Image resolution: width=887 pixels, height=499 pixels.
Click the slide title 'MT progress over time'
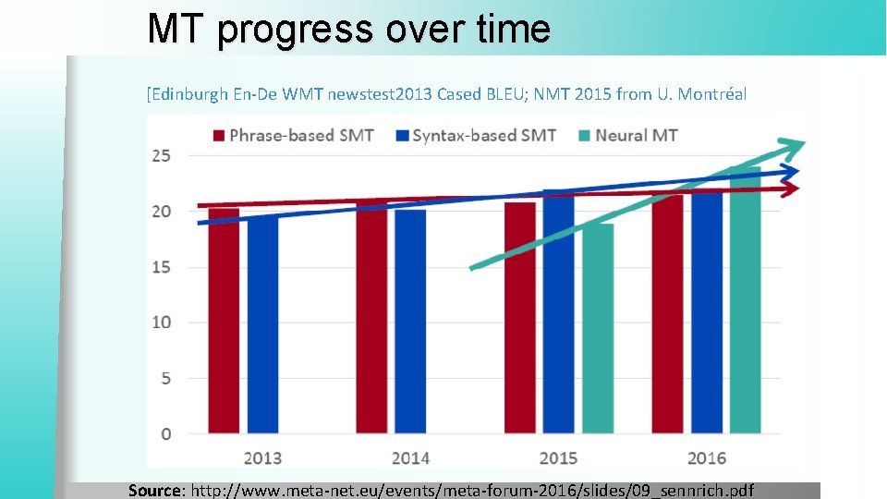pyautogui.click(x=348, y=29)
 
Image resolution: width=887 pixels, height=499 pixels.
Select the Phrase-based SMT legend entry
pyautogui.click(x=293, y=136)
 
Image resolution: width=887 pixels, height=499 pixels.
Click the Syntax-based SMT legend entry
pyautogui.click(x=475, y=136)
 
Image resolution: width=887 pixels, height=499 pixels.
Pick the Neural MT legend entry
pyautogui.click(x=627, y=136)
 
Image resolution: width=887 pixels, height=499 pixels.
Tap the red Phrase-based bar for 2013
pyautogui.click(x=224, y=323)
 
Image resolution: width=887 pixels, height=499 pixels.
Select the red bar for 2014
pyautogui.click(x=371, y=319)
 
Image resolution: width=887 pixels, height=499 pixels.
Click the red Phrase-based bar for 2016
pyautogui.click(x=668, y=314)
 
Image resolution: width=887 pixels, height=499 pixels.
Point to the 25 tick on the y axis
pyautogui.click(x=161, y=155)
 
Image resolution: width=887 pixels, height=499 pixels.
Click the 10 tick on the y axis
pyautogui.click(x=161, y=323)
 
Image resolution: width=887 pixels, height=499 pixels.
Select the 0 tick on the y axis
pyautogui.click(x=165, y=433)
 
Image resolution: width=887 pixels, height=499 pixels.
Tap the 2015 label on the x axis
pyautogui.click(x=558, y=457)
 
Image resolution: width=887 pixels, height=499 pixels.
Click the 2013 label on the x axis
pyautogui.click(x=262, y=457)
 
